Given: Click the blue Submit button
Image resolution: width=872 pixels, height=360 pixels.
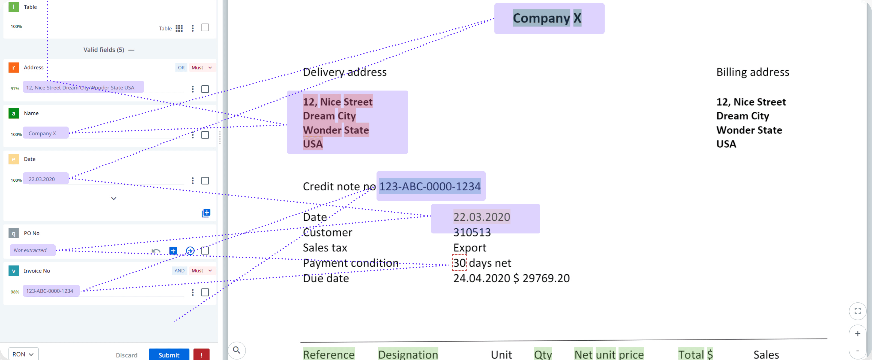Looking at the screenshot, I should click(x=169, y=355).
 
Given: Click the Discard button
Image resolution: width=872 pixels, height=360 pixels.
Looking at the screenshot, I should click(x=127, y=355).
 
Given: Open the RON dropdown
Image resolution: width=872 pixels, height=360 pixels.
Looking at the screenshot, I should click(x=23, y=354).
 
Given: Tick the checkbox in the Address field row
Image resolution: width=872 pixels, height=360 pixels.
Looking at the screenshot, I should click(x=205, y=89).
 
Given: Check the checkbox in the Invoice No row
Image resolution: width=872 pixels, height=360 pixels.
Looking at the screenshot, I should click(x=205, y=292).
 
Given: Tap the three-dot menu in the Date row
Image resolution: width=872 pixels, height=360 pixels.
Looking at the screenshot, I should click(x=193, y=181).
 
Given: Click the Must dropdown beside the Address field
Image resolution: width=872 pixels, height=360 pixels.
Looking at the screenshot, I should click(x=202, y=68).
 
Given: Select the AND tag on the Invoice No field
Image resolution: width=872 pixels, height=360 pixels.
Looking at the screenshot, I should click(x=180, y=271).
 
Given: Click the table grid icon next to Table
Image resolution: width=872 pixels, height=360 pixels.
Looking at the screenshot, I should click(x=179, y=28).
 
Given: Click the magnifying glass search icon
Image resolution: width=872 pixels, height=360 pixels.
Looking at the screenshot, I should click(x=237, y=350).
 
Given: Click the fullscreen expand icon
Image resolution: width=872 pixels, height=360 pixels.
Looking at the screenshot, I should click(x=858, y=311).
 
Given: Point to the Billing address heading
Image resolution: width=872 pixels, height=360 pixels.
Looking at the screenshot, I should click(x=752, y=72).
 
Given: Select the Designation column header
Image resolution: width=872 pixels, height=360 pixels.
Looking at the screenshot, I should click(x=408, y=354).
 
